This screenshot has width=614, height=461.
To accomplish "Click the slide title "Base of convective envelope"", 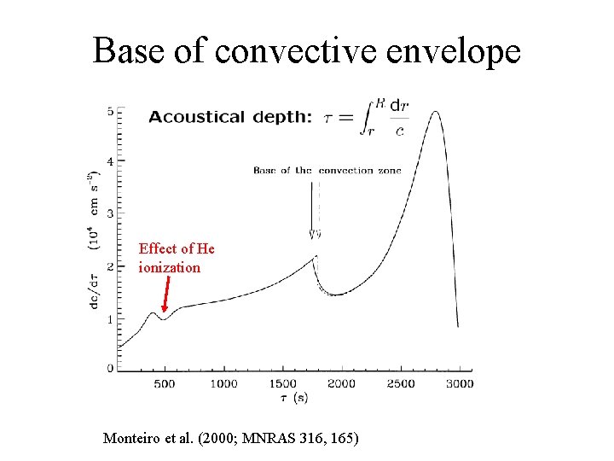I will point(306,50).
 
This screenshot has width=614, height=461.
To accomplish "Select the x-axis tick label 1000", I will point(223,384).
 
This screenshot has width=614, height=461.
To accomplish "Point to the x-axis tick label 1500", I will point(283,384).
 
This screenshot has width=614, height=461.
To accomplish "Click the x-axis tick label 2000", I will point(342,384).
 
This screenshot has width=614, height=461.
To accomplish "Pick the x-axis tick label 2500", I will point(401,384).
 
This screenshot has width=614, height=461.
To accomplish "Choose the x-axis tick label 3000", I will point(460,384).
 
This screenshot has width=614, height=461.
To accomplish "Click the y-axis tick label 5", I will point(110,112).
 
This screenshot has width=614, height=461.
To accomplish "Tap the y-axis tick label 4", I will point(110,161).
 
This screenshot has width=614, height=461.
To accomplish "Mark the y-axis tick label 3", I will point(110,213).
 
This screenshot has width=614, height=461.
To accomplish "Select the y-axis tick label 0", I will point(110,368).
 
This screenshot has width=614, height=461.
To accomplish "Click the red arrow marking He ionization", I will point(164,299).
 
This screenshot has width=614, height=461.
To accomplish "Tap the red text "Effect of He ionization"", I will point(177,258).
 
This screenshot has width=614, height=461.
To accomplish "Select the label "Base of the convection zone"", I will point(327,171).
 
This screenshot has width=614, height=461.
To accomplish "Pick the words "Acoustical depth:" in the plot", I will point(229,118).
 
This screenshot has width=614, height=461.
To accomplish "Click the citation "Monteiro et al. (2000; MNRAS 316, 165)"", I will point(231,439).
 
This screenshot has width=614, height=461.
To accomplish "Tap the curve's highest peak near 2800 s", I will point(435,112).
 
